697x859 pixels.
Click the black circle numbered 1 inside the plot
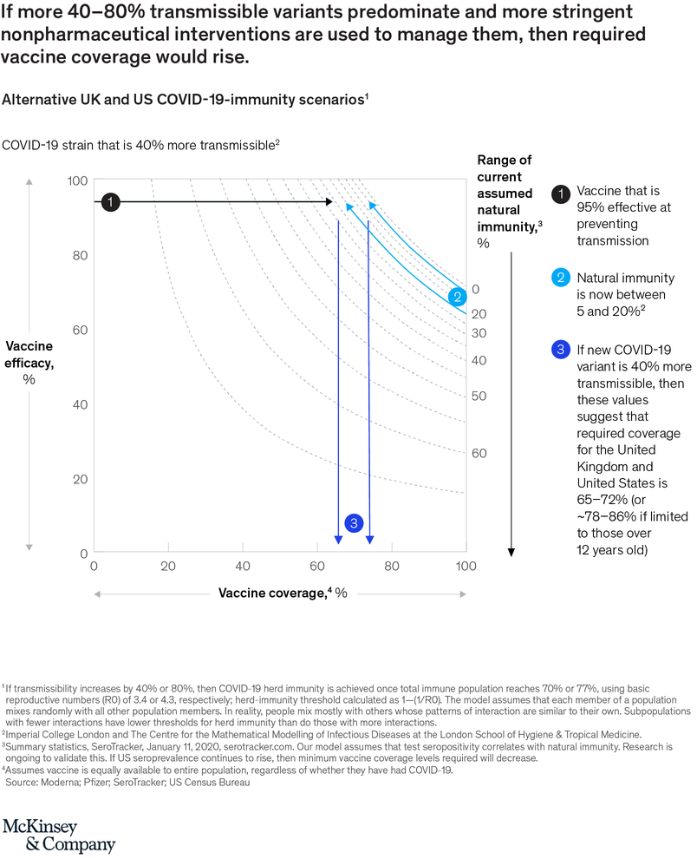point(110,201)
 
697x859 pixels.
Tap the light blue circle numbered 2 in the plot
point(457,297)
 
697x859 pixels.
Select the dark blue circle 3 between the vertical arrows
point(353,522)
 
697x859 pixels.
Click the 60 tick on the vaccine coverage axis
point(316,566)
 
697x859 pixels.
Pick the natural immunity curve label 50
point(479,396)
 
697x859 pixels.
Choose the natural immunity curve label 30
point(479,333)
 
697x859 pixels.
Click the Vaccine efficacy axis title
point(29,354)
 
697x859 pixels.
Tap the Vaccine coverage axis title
point(283,593)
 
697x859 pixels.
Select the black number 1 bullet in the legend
point(561,192)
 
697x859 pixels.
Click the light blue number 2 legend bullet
point(561,278)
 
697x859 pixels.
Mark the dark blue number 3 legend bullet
point(561,351)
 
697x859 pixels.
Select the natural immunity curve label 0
point(475,290)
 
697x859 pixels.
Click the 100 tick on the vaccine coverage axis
point(466,566)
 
